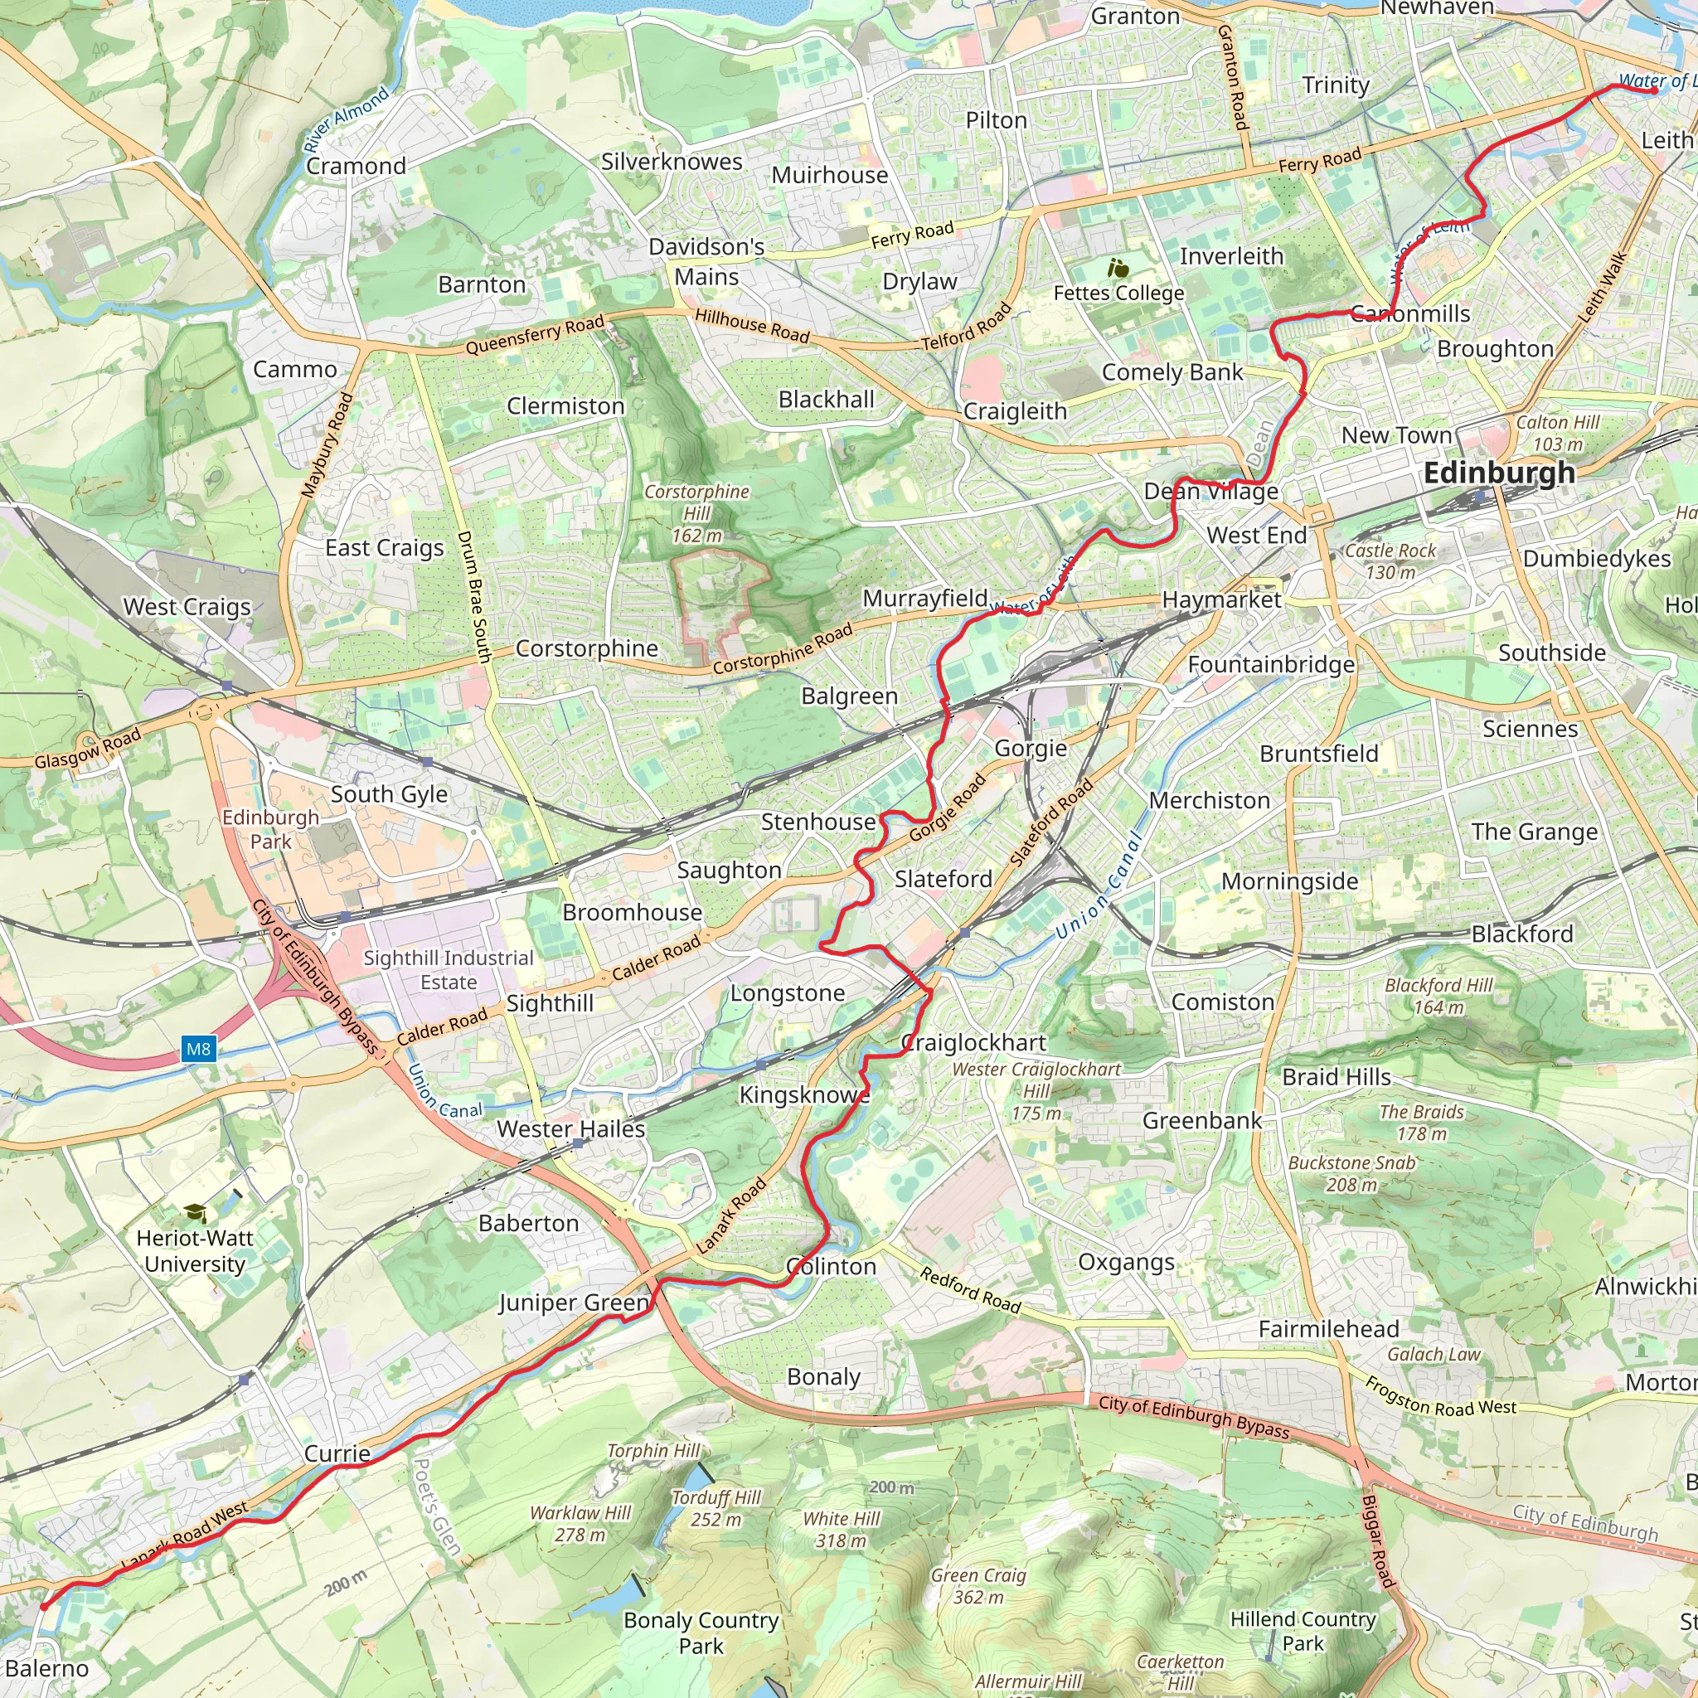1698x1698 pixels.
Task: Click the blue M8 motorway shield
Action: [199, 1049]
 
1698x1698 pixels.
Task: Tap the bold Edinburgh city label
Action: [1498, 473]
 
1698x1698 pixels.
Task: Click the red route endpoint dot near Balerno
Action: [44, 1607]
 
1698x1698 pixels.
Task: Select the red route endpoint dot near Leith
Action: [1654, 90]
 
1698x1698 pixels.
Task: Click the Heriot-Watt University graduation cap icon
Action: [195, 1214]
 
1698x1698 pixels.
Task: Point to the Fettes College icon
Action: [1118, 268]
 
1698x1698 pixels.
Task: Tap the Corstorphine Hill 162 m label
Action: [697, 513]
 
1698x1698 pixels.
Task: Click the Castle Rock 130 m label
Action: [1390, 560]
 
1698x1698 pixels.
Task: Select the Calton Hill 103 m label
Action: [1557, 434]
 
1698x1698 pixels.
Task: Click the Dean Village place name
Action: [1210, 492]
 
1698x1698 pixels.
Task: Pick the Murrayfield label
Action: [924, 599]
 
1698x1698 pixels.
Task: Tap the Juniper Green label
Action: [573, 1303]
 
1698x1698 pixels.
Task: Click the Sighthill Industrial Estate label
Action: [449, 970]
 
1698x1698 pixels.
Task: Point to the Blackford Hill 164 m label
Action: [1438, 996]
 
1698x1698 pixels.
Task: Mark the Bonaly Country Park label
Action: [701, 1632]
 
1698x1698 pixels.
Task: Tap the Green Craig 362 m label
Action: [978, 1585]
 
